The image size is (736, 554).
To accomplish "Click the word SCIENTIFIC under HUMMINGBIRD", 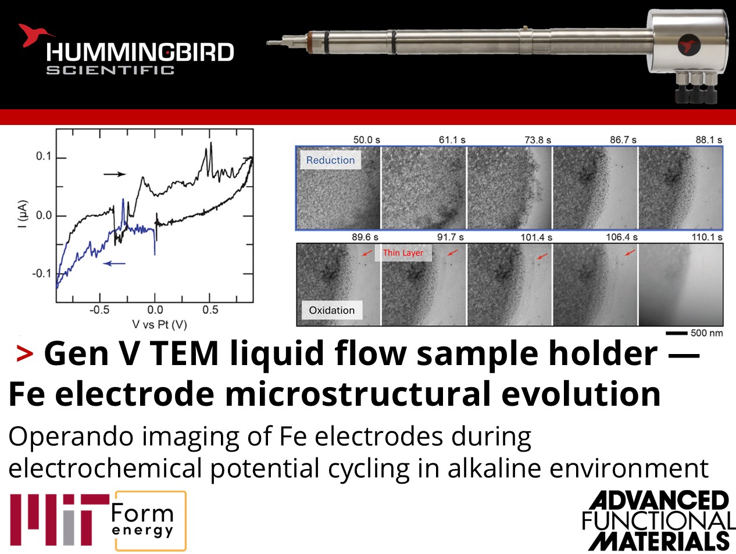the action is coord(110,70).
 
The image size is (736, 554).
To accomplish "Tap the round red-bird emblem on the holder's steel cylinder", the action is coord(689,45).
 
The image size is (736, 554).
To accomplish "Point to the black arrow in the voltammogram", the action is coord(115,174).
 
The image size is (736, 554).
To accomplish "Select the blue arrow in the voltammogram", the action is coord(114,263).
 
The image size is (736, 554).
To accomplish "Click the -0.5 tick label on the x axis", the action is coord(99,310).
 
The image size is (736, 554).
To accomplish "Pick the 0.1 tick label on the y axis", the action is coord(44,156).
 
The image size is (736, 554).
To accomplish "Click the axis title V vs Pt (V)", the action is coord(160,324).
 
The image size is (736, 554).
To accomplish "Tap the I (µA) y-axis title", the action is coord(23,215).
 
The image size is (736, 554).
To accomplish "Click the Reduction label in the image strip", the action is coord(330,160).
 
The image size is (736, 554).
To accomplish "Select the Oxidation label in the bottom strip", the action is coord(331,310).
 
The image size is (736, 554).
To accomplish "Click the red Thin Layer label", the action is coord(403,253).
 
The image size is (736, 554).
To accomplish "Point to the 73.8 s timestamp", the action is coord(538,140).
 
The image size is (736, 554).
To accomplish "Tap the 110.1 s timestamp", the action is coord(707,237).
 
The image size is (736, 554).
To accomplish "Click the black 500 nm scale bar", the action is coord(676,333).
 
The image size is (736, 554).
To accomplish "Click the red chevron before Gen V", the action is coord(25,353).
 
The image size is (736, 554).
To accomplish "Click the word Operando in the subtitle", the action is coord(71,437).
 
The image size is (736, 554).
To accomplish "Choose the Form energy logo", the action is coord(150,521).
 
